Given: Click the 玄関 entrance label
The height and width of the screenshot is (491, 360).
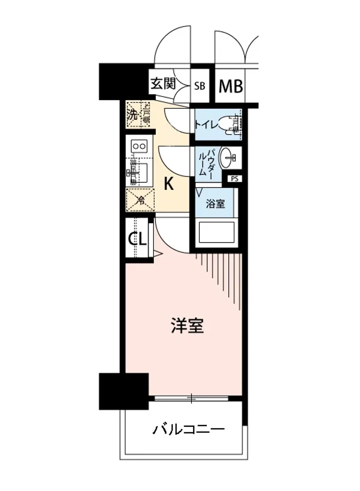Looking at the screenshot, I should (x=163, y=84).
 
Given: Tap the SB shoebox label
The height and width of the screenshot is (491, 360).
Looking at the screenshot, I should (x=200, y=86).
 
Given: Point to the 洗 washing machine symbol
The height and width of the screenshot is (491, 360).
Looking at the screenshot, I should (x=132, y=115).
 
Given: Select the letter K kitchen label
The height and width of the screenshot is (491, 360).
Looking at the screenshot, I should (x=169, y=185).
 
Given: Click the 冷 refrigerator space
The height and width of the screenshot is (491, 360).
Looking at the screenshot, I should (x=140, y=200).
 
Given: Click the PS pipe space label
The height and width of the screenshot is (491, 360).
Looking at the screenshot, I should (x=234, y=178).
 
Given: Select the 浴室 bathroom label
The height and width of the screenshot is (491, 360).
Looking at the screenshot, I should (x=215, y=204).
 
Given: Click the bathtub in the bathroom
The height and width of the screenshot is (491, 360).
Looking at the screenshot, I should (x=215, y=234).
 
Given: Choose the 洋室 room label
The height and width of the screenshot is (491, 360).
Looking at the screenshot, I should (x=187, y=326).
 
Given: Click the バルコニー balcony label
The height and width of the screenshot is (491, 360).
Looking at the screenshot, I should (x=189, y=430).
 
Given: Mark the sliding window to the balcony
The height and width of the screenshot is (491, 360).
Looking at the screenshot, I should (x=191, y=398).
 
